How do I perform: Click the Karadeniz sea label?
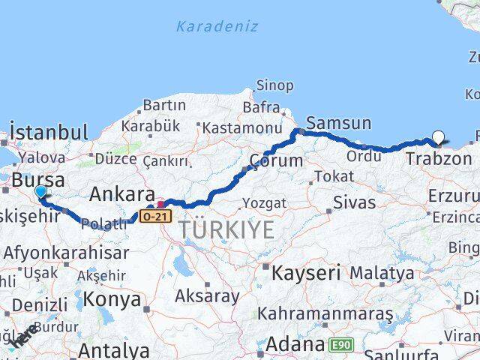point(217,26)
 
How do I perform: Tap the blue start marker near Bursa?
point(40,193)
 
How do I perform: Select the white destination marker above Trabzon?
point(438,138)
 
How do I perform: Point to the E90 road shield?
point(340,345)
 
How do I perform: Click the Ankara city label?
point(122,195)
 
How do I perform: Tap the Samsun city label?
point(339,123)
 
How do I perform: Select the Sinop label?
point(275,85)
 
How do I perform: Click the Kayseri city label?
point(306,271)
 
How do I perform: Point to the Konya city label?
point(112,299)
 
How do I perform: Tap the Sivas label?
point(354,201)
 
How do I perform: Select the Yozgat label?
point(264,202)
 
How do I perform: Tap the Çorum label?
point(276,160)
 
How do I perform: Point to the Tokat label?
point(334,176)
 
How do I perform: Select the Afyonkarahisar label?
point(67,253)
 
